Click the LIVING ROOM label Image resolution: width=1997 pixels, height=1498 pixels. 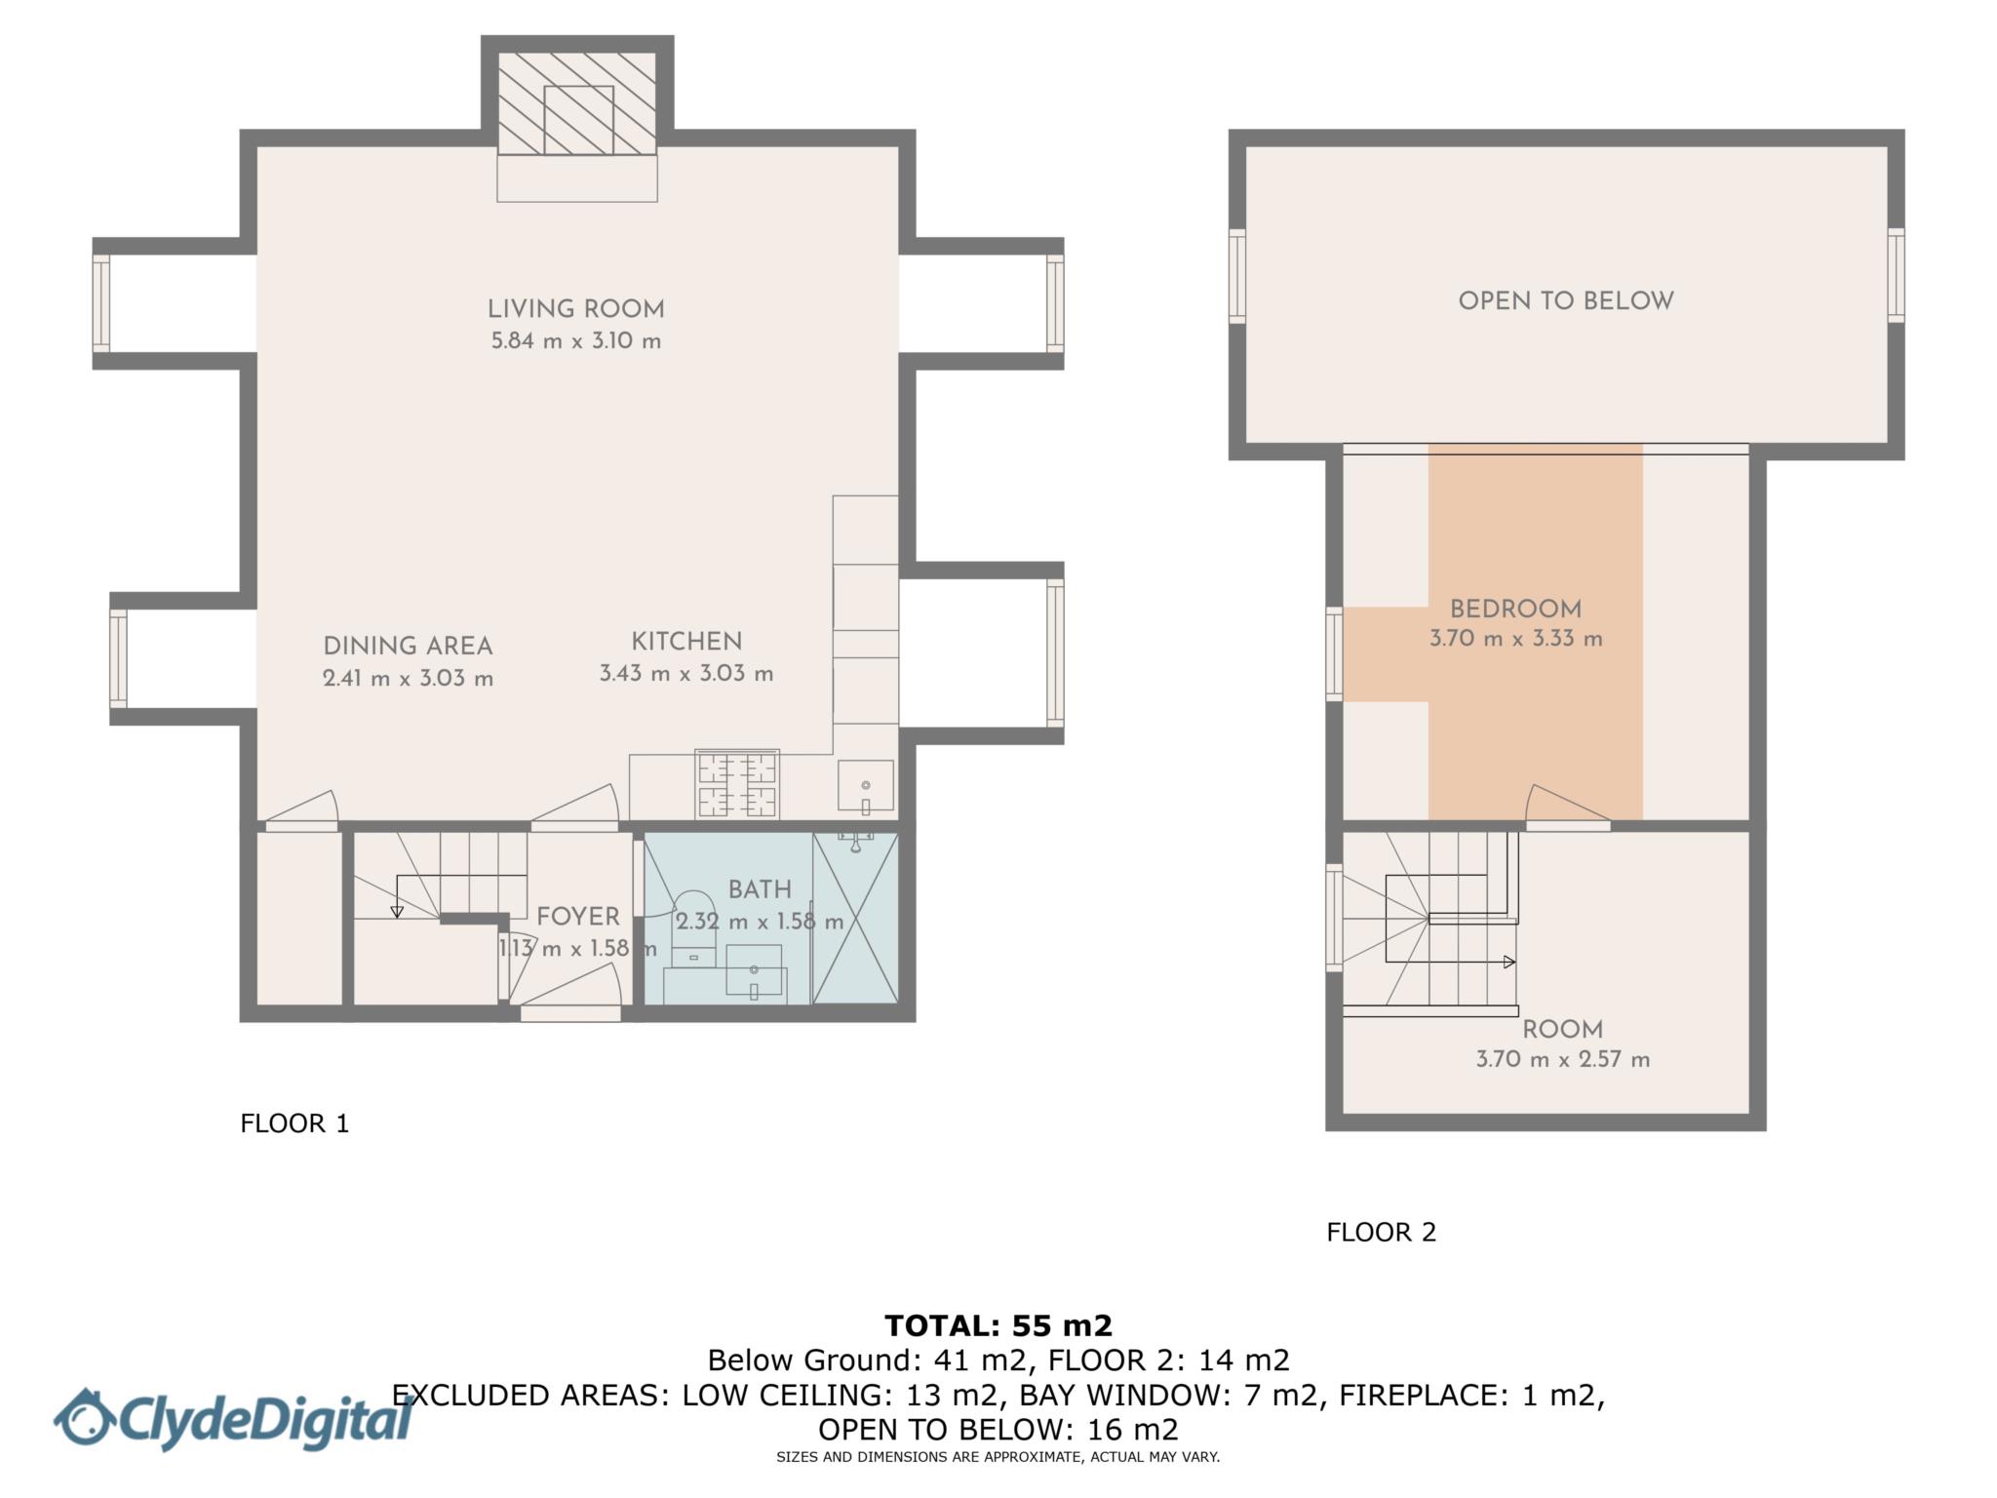click(575, 309)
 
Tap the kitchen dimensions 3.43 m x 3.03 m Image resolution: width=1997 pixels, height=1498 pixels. click(685, 674)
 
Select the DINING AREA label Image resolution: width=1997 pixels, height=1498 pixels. click(408, 646)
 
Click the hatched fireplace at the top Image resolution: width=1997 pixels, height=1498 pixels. click(577, 103)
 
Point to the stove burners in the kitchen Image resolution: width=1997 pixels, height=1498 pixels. click(737, 783)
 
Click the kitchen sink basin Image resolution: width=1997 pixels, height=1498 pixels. click(865, 786)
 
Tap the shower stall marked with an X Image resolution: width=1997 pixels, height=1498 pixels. click(855, 919)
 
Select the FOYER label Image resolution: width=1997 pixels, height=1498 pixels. click(578, 917)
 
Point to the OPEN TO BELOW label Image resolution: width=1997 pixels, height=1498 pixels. click(1565, 301)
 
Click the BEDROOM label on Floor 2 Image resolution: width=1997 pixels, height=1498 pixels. click(1515, 610)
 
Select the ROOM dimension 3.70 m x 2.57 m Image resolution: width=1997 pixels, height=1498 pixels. click(1562, 1060)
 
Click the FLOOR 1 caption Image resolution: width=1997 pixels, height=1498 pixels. click(294, 1123)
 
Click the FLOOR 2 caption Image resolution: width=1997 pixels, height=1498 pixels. click(1381, 1233)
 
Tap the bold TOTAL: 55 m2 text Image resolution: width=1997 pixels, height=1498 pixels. click(998, 1325)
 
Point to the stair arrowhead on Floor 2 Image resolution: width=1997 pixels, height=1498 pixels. click(1509, 962)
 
